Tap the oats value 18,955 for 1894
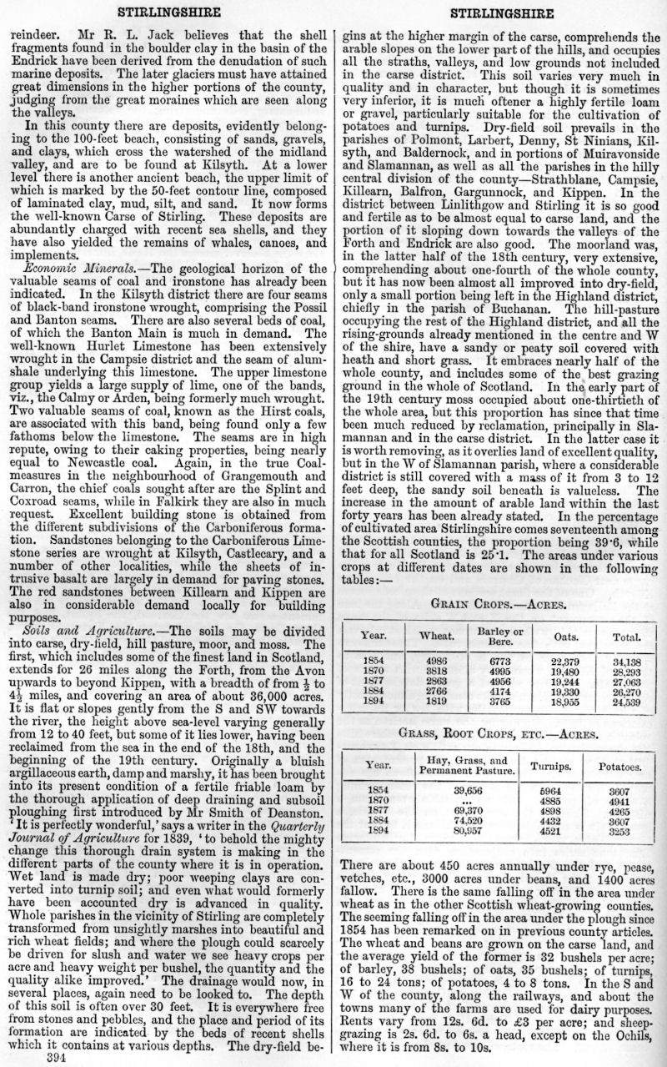click(x=566, y=702)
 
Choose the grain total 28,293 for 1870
click(x=625, y=671)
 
